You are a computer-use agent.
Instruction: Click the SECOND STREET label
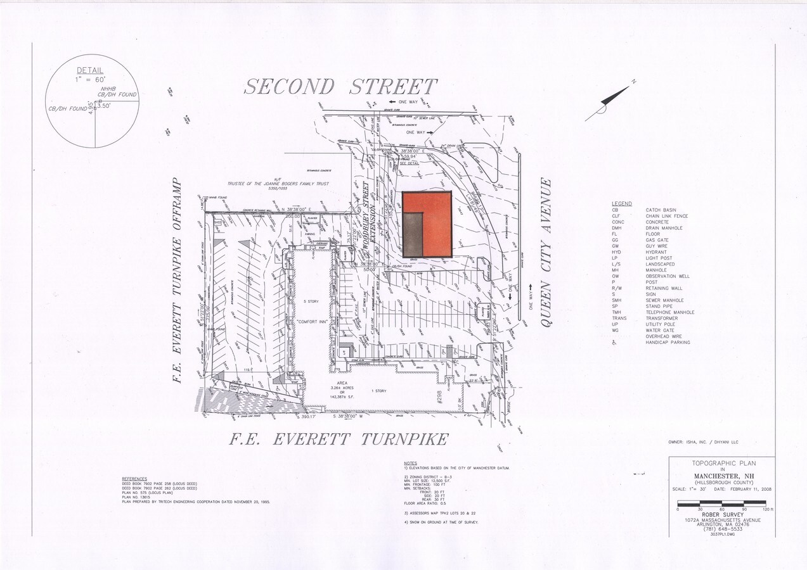[x=340, y=86]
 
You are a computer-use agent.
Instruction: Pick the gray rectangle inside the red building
[x=413, y=234]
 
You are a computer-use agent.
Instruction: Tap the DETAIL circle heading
[x=90, y=70]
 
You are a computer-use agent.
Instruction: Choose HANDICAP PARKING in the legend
[x=668, y=343]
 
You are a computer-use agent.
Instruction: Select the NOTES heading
[x=410, y=463]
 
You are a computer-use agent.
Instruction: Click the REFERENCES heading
[x=134, y=479]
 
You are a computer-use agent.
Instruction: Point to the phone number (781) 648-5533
[x=721, y=529]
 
